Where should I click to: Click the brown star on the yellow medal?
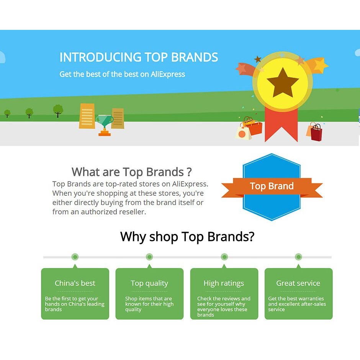click(x=283, y=83)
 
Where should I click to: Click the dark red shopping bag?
click(x=316, y=133)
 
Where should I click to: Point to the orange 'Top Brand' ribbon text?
click(x=272, y=186)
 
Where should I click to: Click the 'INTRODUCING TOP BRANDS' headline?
click(x=139, y=57)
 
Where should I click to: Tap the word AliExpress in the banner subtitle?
click(x=168, y=74)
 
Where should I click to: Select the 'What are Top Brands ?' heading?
click(x=132, y=172)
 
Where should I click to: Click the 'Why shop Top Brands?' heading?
click(x=187, y=237)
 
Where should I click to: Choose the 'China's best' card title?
click(x=75, y=283)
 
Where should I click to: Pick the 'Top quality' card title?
click(x=149, y=283)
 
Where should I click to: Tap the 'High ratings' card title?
click(x=224, y=283)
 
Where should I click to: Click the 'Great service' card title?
click(x=298, y=283)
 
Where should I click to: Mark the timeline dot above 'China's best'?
click(x=75, y=257)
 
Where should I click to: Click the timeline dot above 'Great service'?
click(x=298, y=257)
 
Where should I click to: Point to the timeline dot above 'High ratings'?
click(x=224, y=257)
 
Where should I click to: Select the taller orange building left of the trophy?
click(x=87, y=116)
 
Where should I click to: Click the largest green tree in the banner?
click(x=58, y=111)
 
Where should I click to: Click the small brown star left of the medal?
click(x=258, y=59)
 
